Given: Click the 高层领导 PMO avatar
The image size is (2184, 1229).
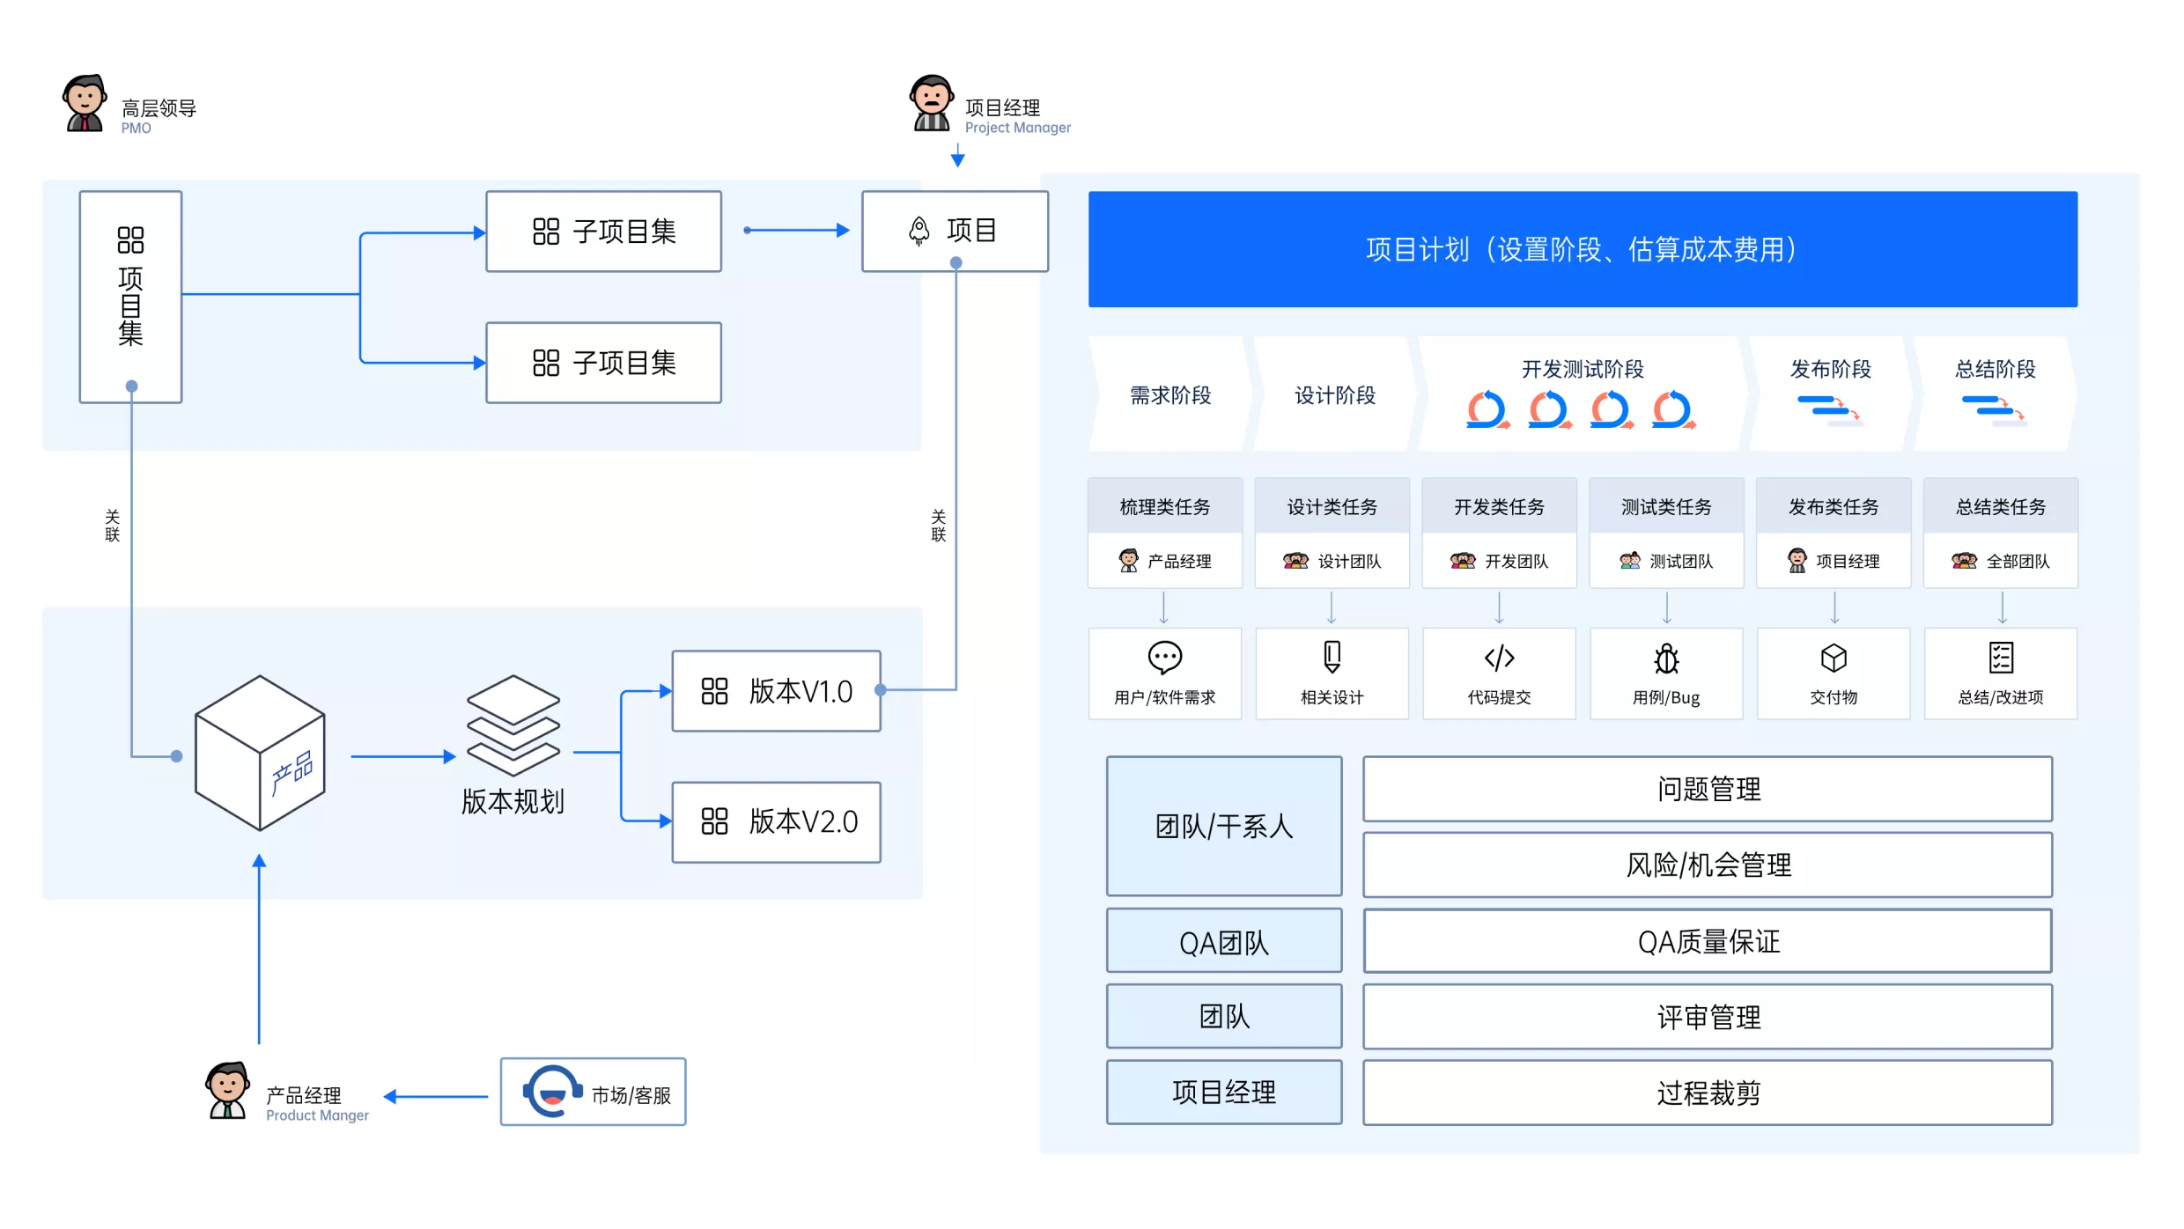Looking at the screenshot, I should point(85,104).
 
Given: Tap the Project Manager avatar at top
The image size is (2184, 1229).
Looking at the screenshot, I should point(931,104).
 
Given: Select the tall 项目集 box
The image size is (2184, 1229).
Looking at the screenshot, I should point(130,297).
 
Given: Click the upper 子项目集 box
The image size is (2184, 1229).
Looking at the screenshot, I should point(603,232).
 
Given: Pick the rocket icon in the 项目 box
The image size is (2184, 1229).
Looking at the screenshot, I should point(919,231).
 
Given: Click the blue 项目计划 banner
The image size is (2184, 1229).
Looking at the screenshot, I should point(1582,249).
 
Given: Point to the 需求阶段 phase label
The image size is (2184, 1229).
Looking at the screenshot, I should point(1170,395).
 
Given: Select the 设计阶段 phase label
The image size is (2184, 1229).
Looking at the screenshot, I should point(1334,395).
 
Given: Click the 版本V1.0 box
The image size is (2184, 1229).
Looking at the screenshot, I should point(776,691).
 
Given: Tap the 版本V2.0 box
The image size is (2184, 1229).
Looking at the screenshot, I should point(776,821).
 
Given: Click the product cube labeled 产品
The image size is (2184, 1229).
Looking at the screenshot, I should point(260,754).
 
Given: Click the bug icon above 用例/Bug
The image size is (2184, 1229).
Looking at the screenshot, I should point(1666,659).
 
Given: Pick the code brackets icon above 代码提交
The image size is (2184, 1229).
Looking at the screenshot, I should point(1499,658).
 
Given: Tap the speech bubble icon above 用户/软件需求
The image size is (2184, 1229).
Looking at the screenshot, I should point(1164,657).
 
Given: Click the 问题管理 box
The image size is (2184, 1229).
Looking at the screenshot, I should point(1707,789).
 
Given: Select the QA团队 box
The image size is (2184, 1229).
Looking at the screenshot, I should point(1223,941).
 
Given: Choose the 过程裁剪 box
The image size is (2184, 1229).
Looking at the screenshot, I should point(1707,1093).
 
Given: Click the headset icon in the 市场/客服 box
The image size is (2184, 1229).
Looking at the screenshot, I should point(552,1092).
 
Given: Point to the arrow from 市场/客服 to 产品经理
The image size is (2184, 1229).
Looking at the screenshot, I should point(436,1096).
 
